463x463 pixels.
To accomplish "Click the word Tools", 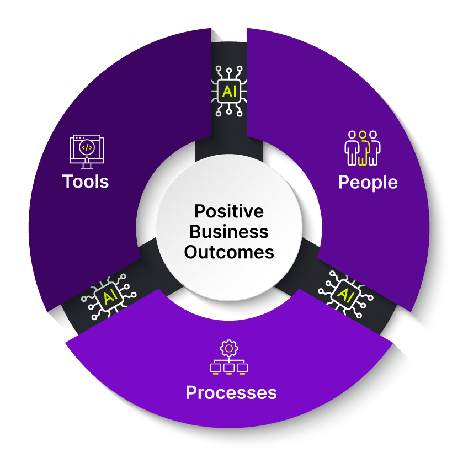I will point(86,181).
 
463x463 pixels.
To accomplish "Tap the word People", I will point(368,182).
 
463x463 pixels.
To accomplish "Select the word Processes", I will point(231,392).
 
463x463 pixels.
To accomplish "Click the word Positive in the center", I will point(229,211).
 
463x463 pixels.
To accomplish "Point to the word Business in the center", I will point(229,232).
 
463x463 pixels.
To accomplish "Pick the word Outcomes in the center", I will point(229,252).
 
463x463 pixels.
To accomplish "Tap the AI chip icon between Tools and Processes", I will point(107,299).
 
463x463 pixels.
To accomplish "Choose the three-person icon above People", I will point(363,148).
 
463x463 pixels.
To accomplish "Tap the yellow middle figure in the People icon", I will point(363,148).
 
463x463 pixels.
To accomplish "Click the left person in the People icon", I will point(352,148).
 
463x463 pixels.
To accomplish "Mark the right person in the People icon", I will point(374,148).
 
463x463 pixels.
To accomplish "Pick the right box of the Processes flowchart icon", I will point(242,367).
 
